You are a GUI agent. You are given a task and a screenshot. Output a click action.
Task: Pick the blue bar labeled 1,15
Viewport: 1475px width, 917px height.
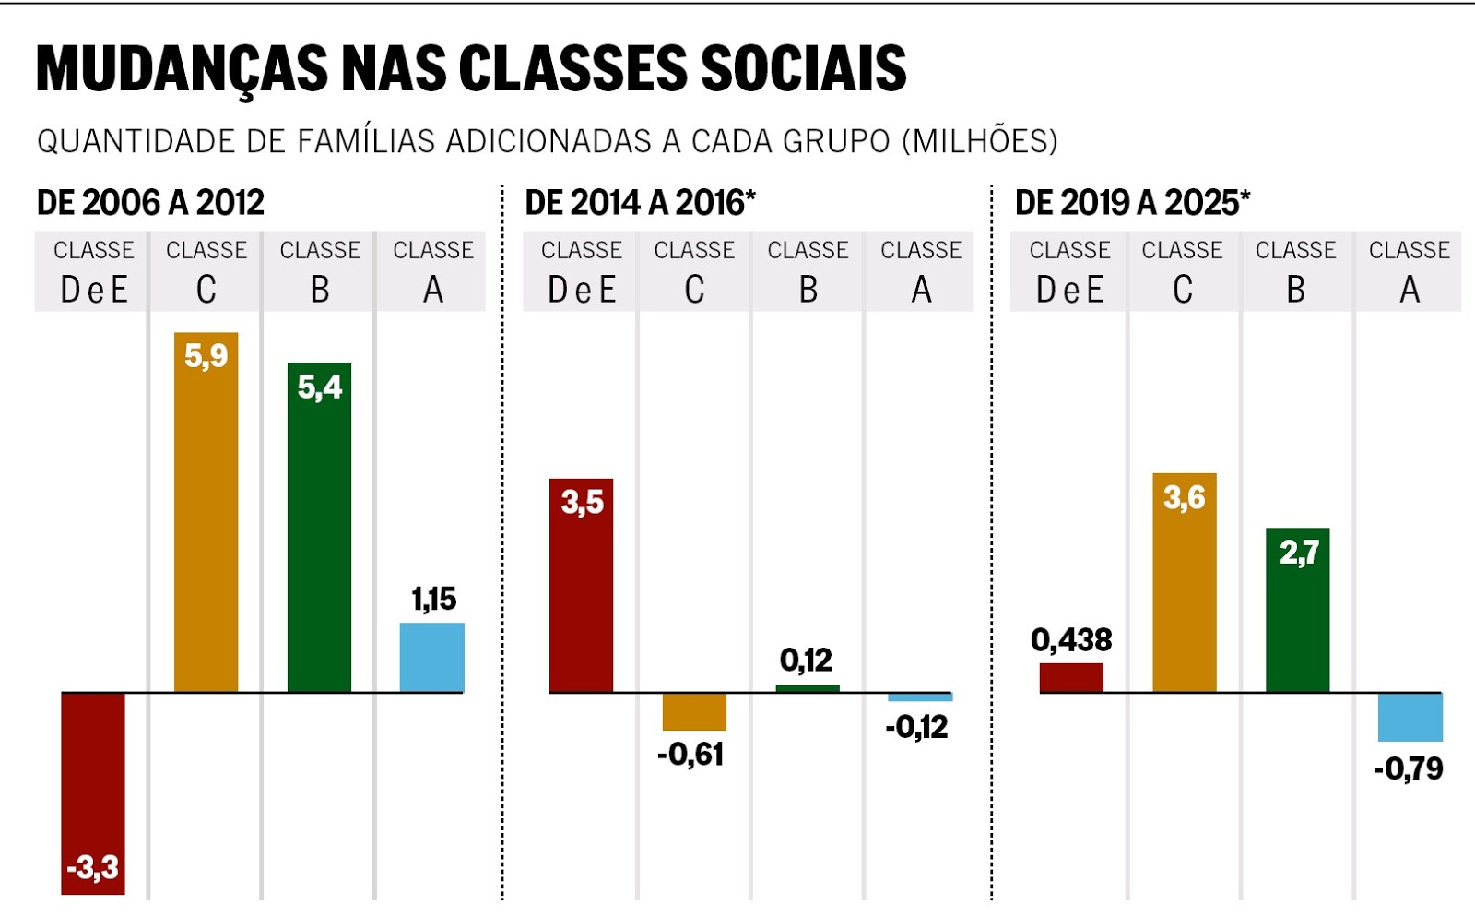pyautogui.click(x=432, y=658)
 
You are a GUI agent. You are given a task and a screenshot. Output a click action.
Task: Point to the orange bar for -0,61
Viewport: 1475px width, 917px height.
pyautogui.click(x=694, y=711)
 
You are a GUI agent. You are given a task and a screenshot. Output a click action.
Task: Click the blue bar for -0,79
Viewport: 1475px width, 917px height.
pyautogui.click(x=1410, y=717)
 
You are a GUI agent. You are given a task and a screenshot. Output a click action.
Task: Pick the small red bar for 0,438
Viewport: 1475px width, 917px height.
pyautogui.click(x=1071, y=677)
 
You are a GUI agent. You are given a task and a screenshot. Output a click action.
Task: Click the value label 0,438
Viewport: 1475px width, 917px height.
pyautogui.click(x=1071, y=639)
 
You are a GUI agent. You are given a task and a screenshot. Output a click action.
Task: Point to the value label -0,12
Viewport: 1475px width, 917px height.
pyautogui.click(x=916, y=727)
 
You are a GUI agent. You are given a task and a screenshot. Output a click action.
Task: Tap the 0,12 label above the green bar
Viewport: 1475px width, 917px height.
pyautogui.click(x=806, y=660)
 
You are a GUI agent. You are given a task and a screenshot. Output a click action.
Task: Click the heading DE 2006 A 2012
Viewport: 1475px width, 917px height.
pyautogui.click(x=150, y=202)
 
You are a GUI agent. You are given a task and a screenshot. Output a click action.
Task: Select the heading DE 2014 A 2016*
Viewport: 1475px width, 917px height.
pyautogui.click(x=640, y=202)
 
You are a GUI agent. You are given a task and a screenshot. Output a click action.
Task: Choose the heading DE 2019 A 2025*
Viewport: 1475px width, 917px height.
pyautogui.click(x=1132, y=202)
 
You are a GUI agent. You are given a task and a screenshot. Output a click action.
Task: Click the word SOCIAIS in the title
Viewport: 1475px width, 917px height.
pyautogui.click(x=804, y=68)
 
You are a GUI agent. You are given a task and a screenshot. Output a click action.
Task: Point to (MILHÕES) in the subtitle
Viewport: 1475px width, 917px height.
pyautogui.click(x=979, y=141)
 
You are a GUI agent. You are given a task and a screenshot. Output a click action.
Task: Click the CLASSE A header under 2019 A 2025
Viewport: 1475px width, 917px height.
pyautogui.click(x=1409, y=270)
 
